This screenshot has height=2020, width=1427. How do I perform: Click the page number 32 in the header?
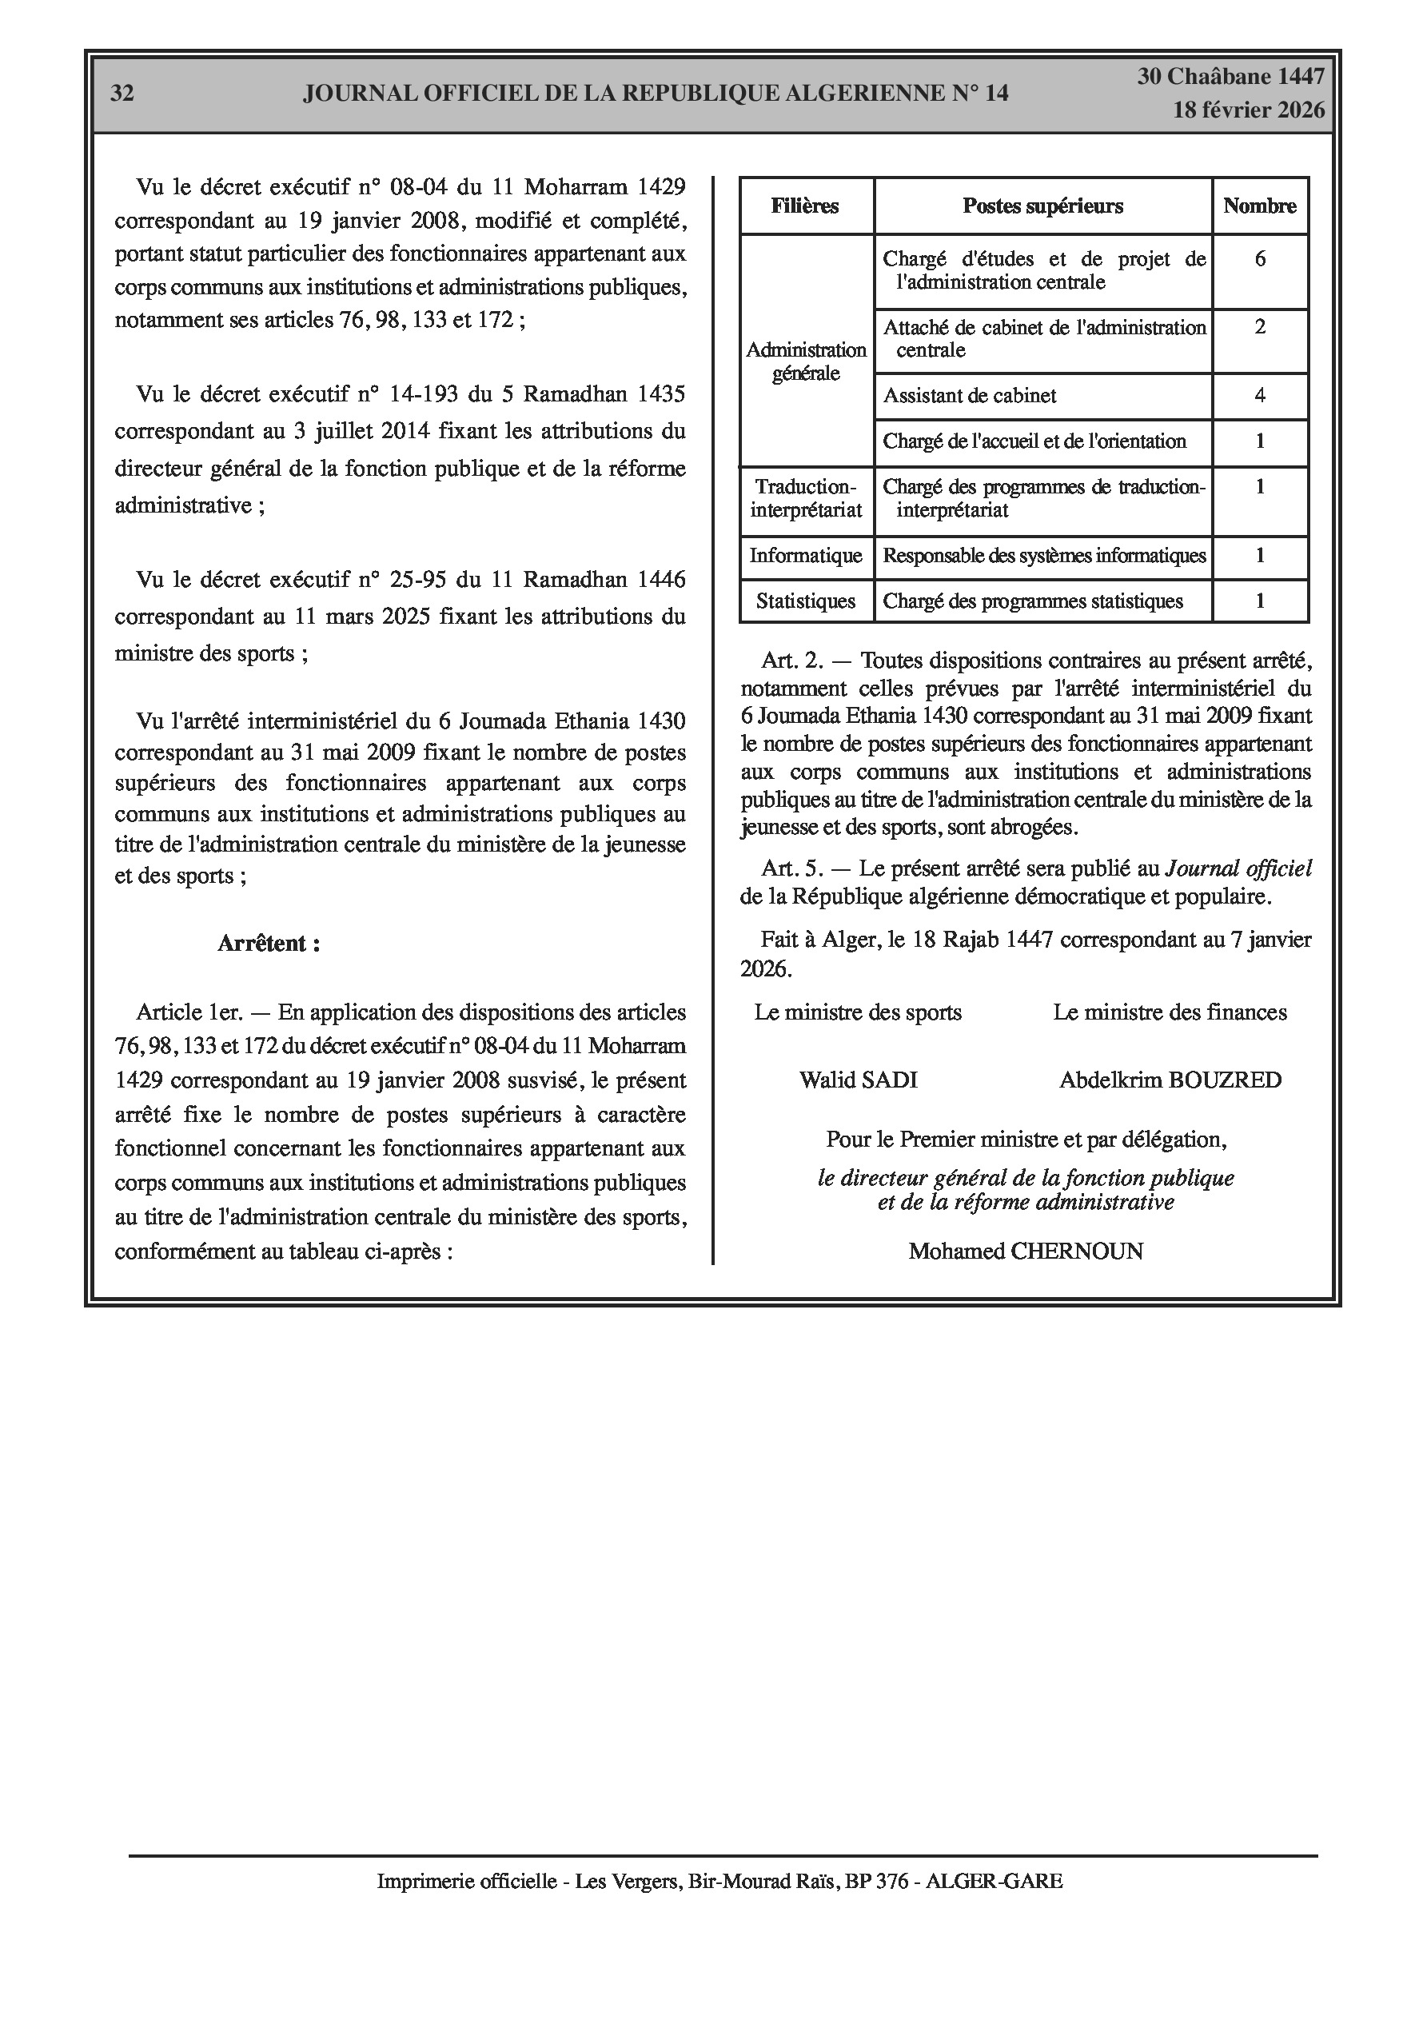pyautogui.click(x=122, y=94)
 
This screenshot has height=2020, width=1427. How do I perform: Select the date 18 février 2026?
pyautogui.click(x=1249, y=110)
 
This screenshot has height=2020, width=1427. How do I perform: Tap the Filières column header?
pyautogui.click(x=805, y=206)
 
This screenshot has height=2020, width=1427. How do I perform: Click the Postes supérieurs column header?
pyautogui.click(x=1042, y=206)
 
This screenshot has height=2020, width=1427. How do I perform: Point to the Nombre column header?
pyautogui.click(x=1259, y=206)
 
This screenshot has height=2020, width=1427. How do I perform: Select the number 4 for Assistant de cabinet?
pyautogui.click(x=1260, y=396)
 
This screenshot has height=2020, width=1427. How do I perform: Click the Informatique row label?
pyautogui.click(x=805, y=556)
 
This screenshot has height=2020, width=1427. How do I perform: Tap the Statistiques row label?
pyautogui.click(x=805, y=602)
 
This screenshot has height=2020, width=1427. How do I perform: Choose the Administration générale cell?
pyautogui.click(x=806, y=361)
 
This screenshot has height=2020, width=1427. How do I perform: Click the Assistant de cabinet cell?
pyautogui.click(x=970, y=396)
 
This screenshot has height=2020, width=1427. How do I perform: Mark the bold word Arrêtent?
pyautogui.click(x=269, y=944)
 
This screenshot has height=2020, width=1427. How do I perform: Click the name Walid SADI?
pyautogui.click(x=858, y=1080)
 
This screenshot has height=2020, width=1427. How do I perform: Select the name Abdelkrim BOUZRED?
pyautogui.click(x=1170, y=1080)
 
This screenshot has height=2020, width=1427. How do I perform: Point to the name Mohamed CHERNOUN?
pyautogui.click(x=1026, y=1251)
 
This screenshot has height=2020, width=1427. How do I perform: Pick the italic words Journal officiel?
pyautogui.click(x=1238, y=869)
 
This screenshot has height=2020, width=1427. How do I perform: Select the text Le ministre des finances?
pyautogui.click(x=1170, y=1012)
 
